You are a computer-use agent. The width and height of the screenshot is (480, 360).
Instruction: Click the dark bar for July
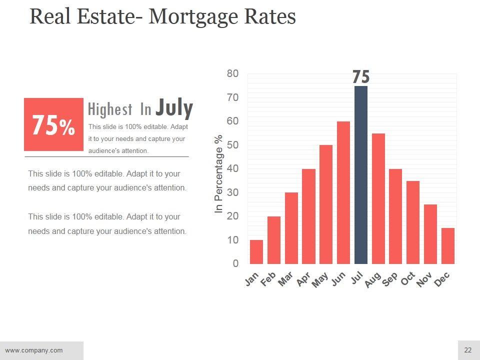click(x=360, y=175)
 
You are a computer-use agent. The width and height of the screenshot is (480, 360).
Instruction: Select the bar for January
click(x=256, y=252)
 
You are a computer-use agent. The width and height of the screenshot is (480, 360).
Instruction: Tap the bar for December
click(x=448, y=246)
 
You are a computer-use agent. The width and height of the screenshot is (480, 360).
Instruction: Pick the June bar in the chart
click(x=343, y=192)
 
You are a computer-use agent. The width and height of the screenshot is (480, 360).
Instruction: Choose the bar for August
click(x=378, y=198)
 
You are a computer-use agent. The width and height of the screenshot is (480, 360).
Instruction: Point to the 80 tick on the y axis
click(x=232, y=73)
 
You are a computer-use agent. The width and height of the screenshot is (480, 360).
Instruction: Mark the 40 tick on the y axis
click(x=232, y=168)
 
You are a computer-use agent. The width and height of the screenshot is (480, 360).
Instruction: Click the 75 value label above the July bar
click(x=360, y=77)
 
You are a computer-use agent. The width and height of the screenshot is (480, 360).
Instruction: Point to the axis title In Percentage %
click(x=218, y=174)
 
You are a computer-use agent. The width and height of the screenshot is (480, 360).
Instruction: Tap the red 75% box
click(x=53, y=124)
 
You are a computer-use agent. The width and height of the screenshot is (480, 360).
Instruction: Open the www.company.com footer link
click(x=34, y=350)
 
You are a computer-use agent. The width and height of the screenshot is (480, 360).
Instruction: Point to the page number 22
click(x=468, y=350)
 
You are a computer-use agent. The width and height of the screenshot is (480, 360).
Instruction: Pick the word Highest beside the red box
click(x=110, y=109)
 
